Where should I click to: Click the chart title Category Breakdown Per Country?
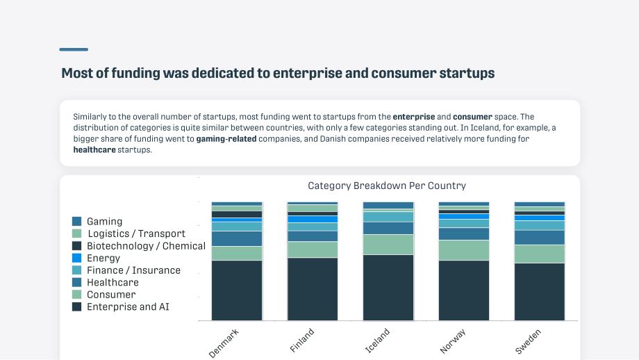click(x=387, y=186)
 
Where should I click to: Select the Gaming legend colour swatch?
click(x=76, y=222)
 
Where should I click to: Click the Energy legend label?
click(x=103, y=258)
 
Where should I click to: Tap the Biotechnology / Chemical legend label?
click(x=147, y=246)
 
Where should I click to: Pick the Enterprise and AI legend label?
click(x=128, y=306)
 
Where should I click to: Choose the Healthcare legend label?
click(x=113, y=282)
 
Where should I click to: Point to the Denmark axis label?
click(x=224, y=343)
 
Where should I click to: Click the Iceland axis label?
click(x=377, y=341)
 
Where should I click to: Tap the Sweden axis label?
click(x=528, y=342)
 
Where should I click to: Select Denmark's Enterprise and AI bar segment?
click(x=237, y=291)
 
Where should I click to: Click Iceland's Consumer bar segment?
click(x=388, y=245)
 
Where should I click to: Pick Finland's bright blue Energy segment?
click(x=313, y=220)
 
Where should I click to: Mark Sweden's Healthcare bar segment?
click(x=540, y=238)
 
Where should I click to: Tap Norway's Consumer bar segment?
click(x=464, y=250)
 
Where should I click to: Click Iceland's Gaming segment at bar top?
click(x=388, y=206)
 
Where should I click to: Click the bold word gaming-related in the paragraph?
click(x=226, y=139)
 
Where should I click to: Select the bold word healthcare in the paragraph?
click(x=94, y=150)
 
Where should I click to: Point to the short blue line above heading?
click(x=74, y=50)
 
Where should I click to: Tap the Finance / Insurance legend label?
click(x=133, y=270)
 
